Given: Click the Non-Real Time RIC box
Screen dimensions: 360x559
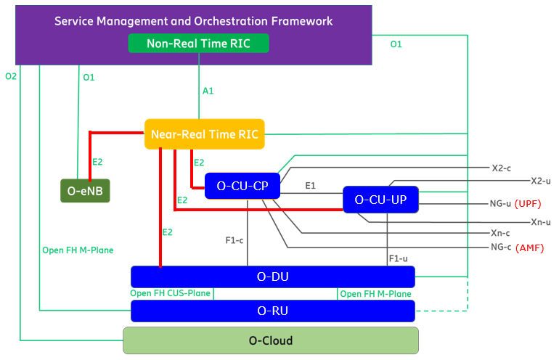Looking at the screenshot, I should (x=198, y=44).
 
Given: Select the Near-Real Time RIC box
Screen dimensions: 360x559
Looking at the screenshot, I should (x=204, y=134).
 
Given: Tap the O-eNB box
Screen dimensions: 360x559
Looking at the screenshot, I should (x=84, y=191).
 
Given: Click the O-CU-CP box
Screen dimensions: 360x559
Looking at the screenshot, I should (x=242, y=186).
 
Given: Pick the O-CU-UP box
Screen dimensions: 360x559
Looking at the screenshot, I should (x=380, y=199).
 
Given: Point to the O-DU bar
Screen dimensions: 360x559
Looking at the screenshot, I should (x=272, y=277).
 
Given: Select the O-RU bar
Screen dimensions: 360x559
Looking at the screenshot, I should (x=272, y=311).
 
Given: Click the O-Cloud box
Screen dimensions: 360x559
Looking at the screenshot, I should (x=271, y=340).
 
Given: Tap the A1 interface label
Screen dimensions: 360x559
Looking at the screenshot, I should (x=208, y=91).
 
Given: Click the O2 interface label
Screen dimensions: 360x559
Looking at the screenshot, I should (x=11, y=76).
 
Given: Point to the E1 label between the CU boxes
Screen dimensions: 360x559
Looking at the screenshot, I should (x=310, y=186).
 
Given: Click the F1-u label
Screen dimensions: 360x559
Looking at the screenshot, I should (x=398, y=258).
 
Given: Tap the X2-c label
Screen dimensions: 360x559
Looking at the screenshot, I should (x=502, y=168).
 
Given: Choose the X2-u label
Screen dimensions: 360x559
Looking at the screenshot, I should (x=541, y=181).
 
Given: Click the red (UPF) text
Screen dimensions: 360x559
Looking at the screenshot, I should (x=529, y=204).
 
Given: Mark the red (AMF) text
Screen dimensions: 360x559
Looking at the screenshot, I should (x=529, y=247).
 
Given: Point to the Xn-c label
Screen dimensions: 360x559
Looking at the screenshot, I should (x=501, y=234).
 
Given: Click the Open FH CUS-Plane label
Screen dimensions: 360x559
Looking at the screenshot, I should (x=170, y=294).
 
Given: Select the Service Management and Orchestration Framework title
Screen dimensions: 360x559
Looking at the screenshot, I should (x=194, y=21).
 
